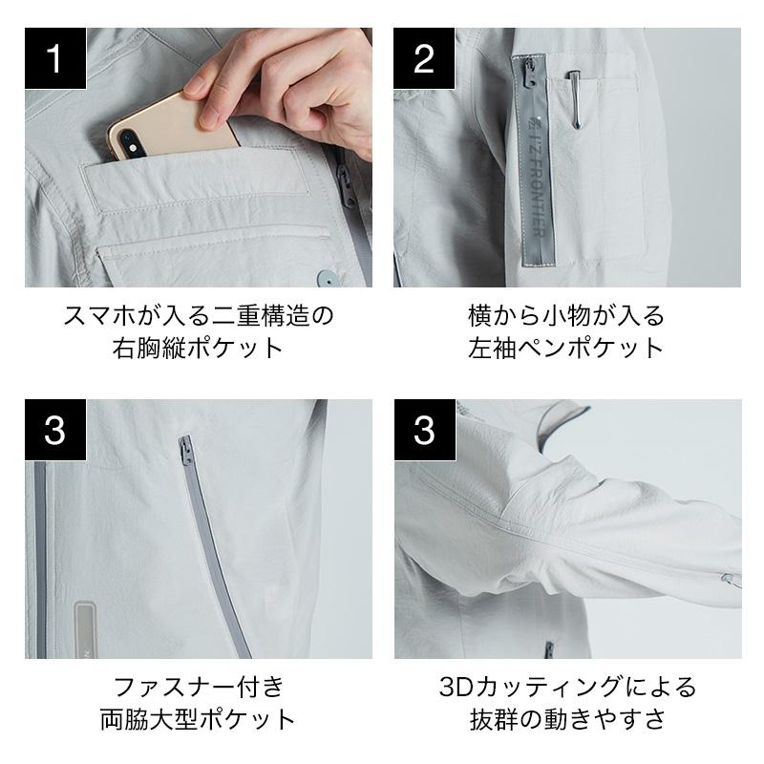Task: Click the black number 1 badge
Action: tap(55, 58)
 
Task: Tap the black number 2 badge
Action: tap(424, 58)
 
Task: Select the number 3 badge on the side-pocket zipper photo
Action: tap(55, 430)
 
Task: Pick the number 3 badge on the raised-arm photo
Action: tap(425, 430)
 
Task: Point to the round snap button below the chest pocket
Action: tap(326, 279)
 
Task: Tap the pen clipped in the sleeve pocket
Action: tap(575, 101)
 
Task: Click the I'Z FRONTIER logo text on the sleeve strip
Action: tap(536, 177)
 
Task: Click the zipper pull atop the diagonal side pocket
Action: tap(185, 451)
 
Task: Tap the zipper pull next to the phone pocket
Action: tap(346, 186)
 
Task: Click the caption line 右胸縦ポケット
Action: tap(198, 348)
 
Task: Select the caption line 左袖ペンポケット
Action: tap(566, 348)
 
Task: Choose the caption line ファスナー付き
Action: tap(199, 687)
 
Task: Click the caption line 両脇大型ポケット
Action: tap(198, 719)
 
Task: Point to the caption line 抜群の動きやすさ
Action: tap(567, 719)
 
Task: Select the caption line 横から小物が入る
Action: tap(566, 316)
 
